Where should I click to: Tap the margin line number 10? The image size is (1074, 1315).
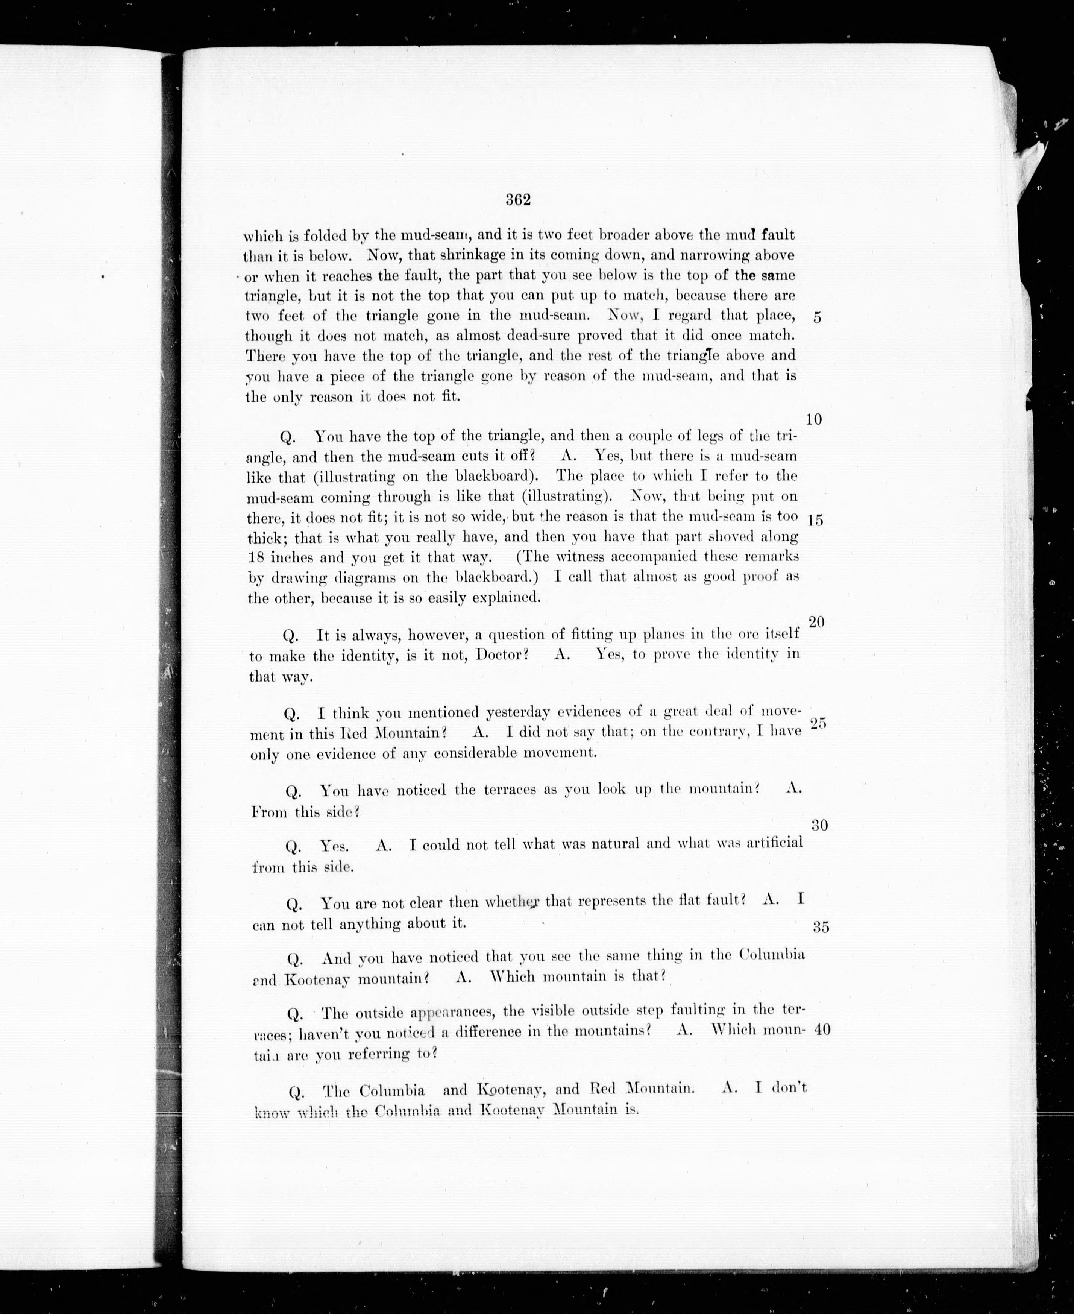click(x=814, y=419)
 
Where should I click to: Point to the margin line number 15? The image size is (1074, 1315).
click(x=815, y=521)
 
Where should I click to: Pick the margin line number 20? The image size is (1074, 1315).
click(x=817, y=622)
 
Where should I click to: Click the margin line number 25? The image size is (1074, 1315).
click(x=818, y=724)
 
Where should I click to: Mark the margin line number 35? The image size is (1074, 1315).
click(x=820, y=927)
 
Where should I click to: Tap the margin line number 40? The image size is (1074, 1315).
click(x=822, y=1030)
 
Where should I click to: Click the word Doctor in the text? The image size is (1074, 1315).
click(x=502, y=655)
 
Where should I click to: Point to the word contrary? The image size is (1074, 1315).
click(x=691, y=732)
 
